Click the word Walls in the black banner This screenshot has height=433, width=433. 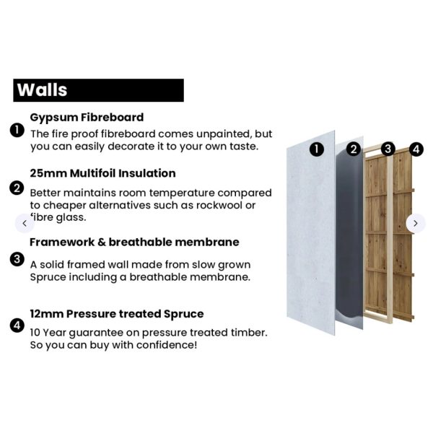(42, 89)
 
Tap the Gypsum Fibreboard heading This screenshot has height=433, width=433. (87, 118)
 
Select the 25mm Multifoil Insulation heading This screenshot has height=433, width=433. (102, 173)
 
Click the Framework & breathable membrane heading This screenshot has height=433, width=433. (134, 242)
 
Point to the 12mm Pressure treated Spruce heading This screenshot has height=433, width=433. (117, 314)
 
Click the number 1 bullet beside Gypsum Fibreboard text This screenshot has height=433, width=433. (17, 130)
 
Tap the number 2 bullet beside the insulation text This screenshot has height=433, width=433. (17, 188)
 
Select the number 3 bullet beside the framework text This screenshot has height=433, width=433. (17, 259)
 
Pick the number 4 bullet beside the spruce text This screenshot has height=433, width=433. (17, 325)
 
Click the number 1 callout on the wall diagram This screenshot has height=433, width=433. (317, 149)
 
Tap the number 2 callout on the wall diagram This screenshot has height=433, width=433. (354, 149)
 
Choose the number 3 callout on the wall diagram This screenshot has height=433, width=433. (388, 149)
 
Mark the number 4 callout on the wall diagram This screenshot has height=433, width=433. (416, 149)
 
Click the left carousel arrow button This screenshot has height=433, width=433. (25, 223)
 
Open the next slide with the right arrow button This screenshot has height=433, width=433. (416, 223)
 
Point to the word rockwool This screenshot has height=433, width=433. (218, 205)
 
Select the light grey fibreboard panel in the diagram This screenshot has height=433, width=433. (310, 233)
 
